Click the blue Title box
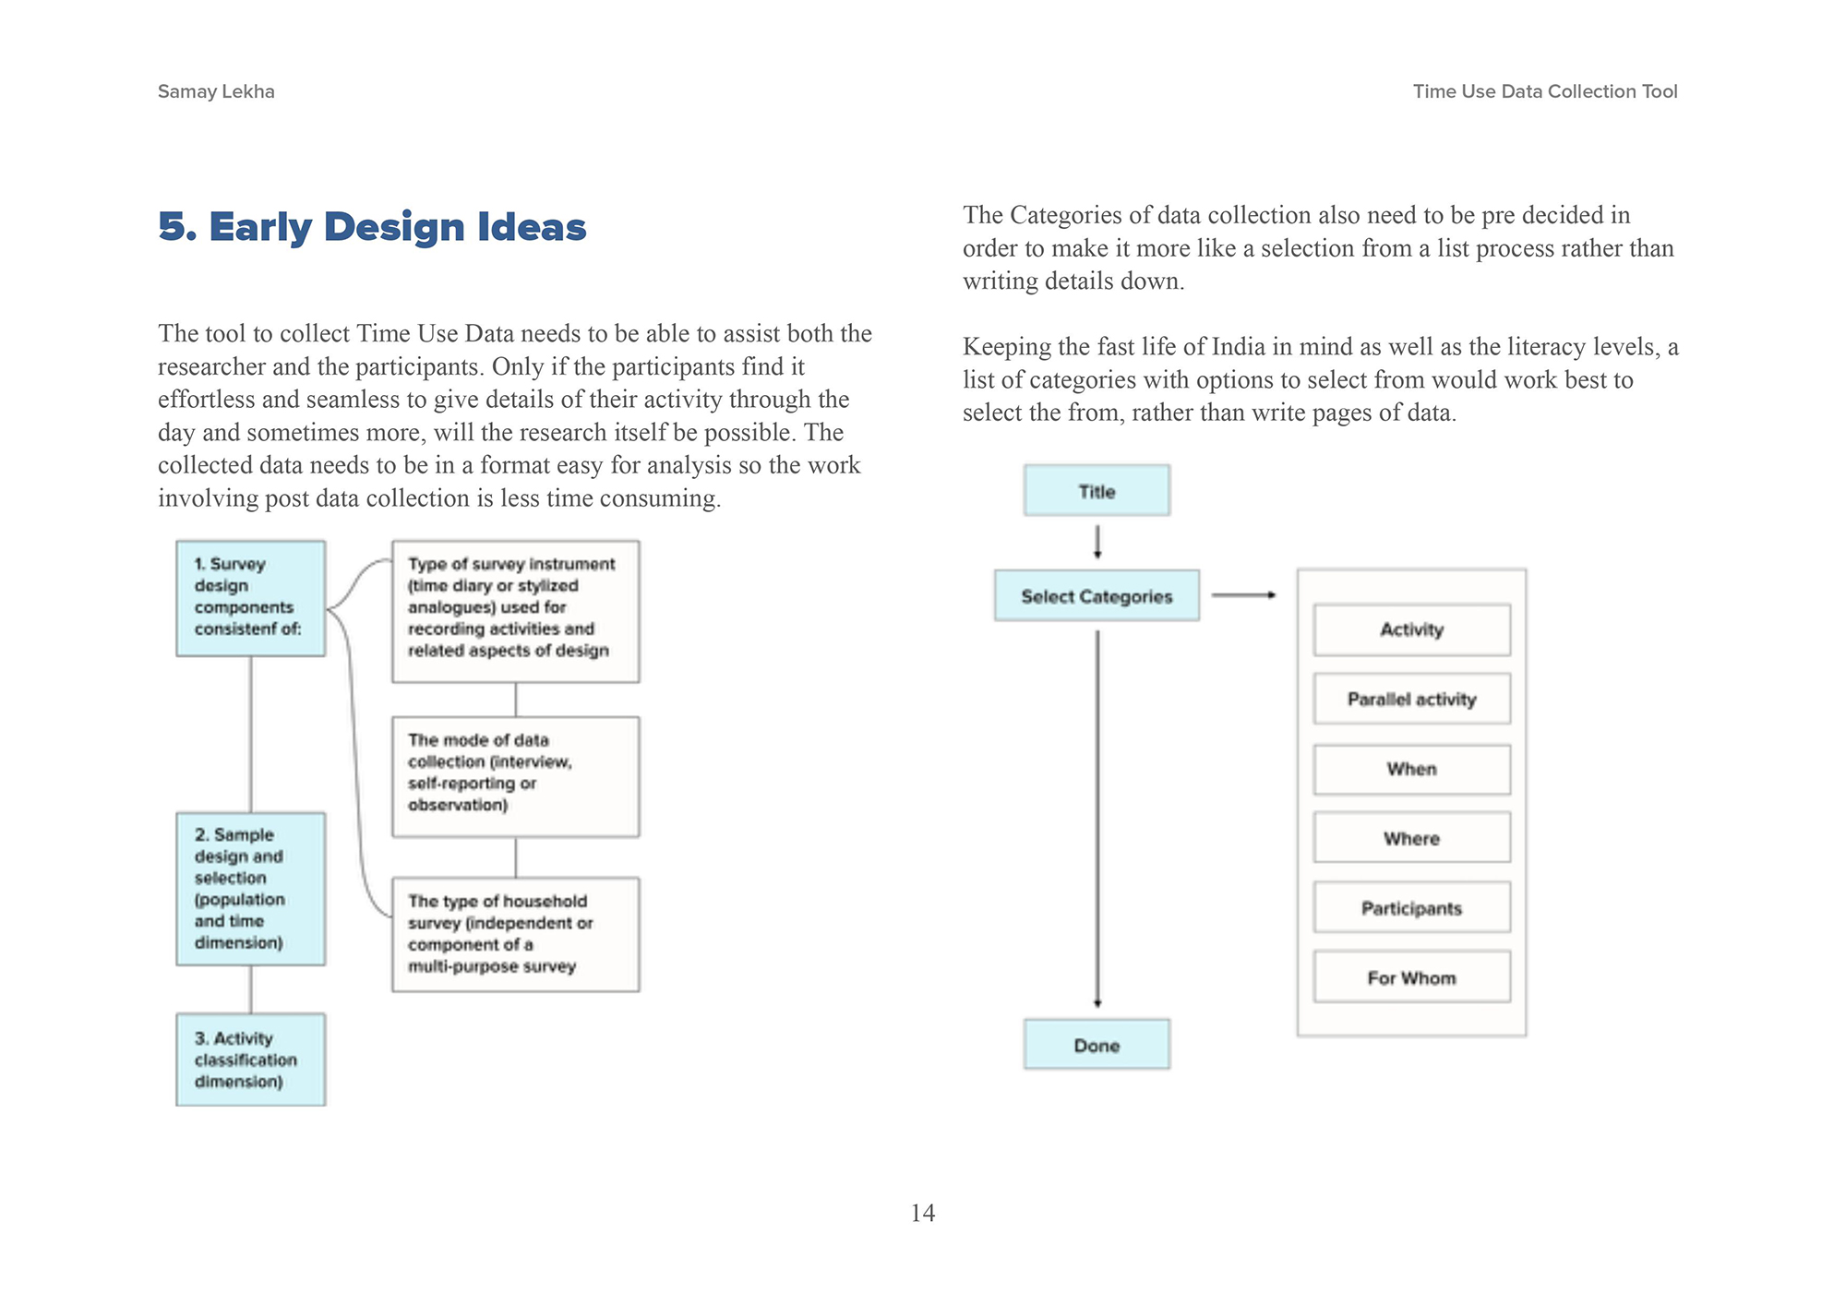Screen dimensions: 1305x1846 point(1097,491)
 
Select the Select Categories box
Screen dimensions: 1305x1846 point(1097,596)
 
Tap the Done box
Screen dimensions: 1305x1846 point(1097,1045)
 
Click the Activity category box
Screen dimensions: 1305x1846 point(1411,629)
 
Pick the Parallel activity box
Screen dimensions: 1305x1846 point(1411,699)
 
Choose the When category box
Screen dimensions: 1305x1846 point(1411,769)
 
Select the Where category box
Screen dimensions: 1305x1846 point(1411,838)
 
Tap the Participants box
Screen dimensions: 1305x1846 point(1411,908)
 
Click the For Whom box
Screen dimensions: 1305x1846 point(1411,977)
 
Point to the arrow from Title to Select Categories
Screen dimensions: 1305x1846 point(1097,543)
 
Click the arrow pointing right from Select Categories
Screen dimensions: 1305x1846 point(1243,595)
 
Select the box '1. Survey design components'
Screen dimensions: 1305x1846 point(250,598)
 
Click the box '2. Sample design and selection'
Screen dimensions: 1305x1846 point(250,889)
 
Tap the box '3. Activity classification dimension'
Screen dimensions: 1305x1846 point(250,1060)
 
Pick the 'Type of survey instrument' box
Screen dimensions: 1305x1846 point(515,611)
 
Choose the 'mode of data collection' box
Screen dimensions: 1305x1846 point(515,776)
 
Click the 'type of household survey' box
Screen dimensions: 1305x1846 point(515,934)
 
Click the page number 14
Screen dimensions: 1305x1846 point(922,1213)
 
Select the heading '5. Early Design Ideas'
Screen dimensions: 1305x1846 point(372,227)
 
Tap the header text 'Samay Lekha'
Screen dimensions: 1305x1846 point(216,91)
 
